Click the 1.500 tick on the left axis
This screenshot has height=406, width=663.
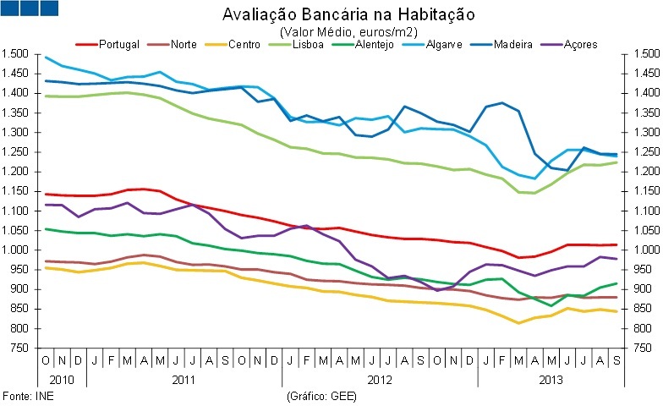point(16,54)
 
